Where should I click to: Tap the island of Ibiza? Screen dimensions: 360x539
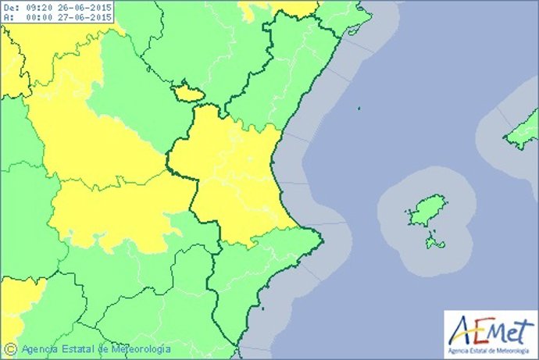423,211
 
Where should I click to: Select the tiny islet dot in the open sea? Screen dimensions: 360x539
359,109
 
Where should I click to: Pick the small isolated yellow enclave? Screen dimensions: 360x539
187,93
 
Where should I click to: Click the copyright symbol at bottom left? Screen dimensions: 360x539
10,348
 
